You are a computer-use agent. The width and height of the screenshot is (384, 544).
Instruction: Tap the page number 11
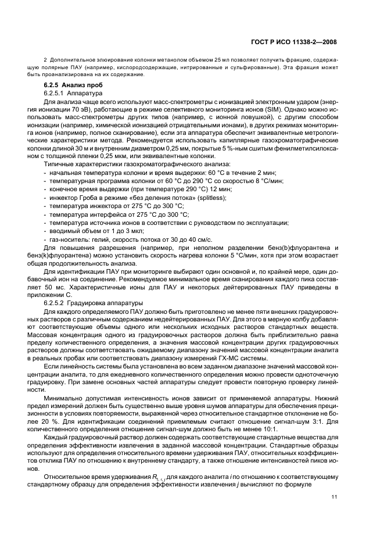tap(333, 496)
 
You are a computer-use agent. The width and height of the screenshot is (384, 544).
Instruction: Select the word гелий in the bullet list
tap(99, 239)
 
